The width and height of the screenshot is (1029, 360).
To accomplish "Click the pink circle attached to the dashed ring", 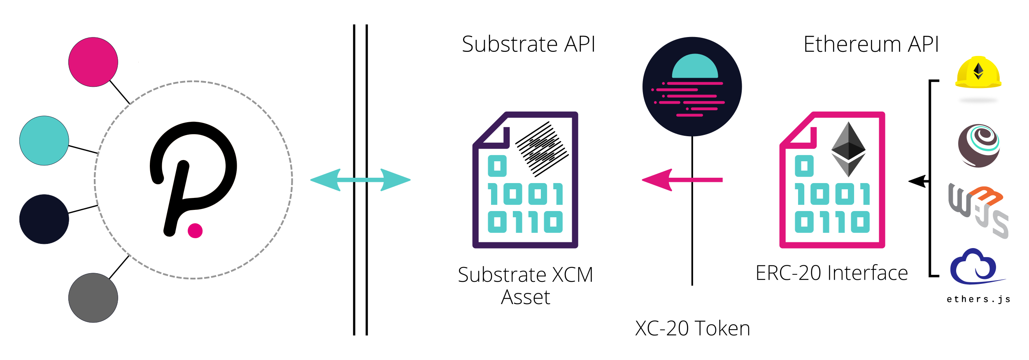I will coord(93,62).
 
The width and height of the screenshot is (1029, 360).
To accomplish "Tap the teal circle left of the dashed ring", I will coord(44,141).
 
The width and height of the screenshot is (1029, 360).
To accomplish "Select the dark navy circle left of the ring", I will coord(44,219).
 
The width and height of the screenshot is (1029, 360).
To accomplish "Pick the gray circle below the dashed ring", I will coord(93,298).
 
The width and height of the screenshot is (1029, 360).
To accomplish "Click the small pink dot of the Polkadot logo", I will coord(195,231).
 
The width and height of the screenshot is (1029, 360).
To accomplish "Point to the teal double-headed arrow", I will coord(360,180).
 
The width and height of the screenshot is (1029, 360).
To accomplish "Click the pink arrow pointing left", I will coord(682,180).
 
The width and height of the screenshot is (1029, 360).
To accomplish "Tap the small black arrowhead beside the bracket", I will coord(917,181).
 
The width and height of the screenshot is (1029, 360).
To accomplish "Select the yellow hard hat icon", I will coord(978,73).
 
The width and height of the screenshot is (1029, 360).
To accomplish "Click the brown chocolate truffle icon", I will coord(979,146).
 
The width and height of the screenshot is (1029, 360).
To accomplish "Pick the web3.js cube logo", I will coord(978,210).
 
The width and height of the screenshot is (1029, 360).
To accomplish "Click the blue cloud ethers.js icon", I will coord(974,267).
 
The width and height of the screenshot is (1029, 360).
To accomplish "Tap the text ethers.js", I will coord(978,299).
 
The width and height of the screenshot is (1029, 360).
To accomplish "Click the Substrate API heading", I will coord(528,44).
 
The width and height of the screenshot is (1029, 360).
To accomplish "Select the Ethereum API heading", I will coord(871,44).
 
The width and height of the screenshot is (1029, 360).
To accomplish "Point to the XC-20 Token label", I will coord(692,328).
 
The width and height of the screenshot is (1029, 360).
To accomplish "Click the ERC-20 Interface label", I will coord(831,273).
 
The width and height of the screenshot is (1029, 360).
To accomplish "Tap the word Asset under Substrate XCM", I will coord(525,297).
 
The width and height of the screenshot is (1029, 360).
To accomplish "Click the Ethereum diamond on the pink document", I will coord(848,149).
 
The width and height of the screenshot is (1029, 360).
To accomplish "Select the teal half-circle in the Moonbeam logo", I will coord(695,67).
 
